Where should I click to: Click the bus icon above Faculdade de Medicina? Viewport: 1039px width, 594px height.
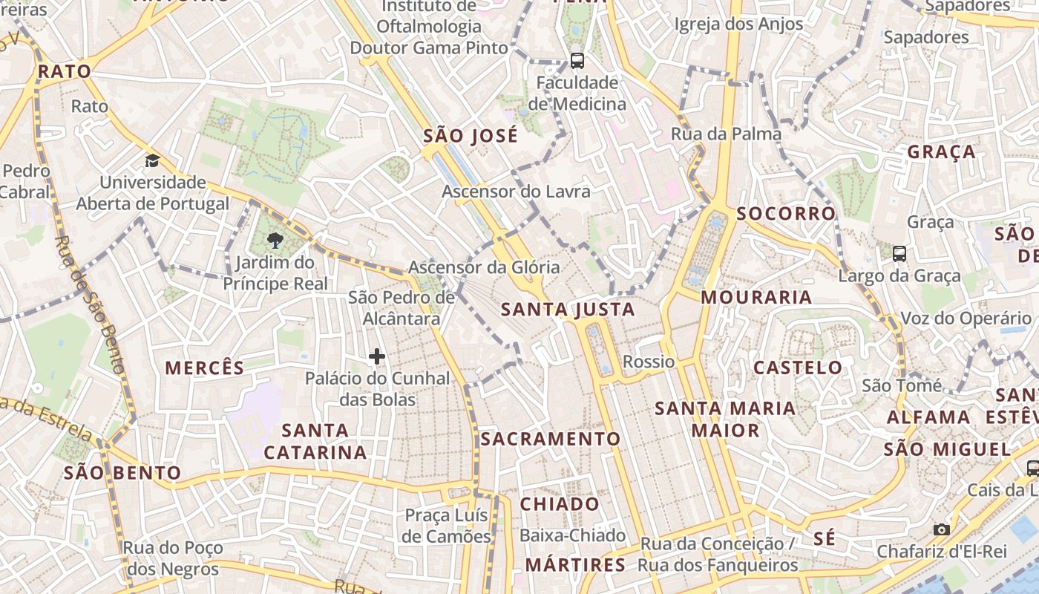[577, 61]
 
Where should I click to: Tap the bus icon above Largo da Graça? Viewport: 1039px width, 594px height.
[899, 254]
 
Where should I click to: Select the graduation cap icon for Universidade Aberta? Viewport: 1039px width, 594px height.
[152, 160]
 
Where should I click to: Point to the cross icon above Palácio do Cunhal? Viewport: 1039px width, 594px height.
[377, 357]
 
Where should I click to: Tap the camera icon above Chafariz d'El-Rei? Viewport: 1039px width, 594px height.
[942, 529]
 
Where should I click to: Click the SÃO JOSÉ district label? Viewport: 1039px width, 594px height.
[471, 137]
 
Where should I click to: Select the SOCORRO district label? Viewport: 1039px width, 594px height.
[786, 214]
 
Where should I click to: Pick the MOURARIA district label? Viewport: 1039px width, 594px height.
[756, 298]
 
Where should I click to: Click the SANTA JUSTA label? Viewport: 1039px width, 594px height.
[568, 310]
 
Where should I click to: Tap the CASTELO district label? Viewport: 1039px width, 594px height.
[798, 368]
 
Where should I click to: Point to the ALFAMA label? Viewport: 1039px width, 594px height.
[928, 417]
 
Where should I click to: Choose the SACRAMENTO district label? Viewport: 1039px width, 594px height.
[550, 439]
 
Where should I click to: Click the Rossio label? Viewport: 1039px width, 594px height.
[649, 362]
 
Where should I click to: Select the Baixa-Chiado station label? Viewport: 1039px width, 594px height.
[572, 535]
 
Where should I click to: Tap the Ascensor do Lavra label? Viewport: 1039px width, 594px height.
[517, 192]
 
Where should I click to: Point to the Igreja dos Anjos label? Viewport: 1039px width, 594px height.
[738, 25]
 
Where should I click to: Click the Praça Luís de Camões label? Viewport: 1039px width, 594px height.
[447, 526]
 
